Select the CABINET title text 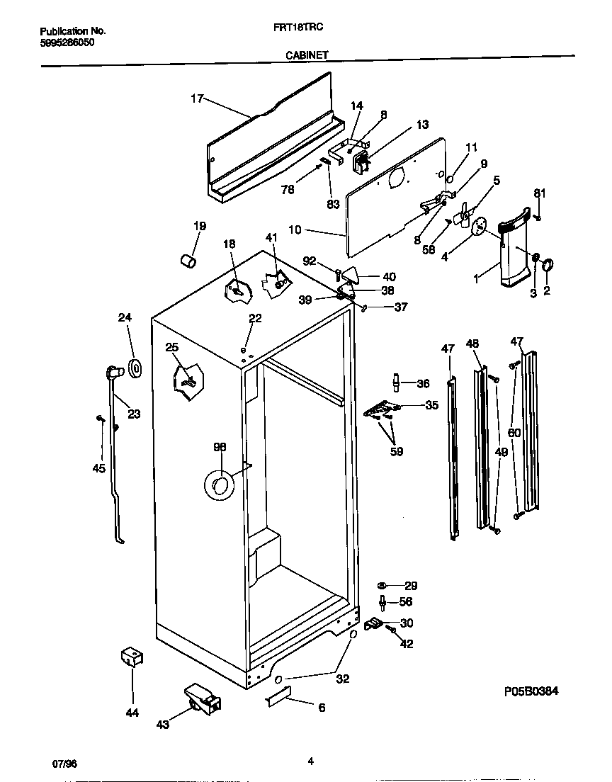click(306, 54)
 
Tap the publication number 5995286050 click(67, 42)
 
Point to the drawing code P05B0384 click(528, 691)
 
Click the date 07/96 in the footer click(64, 763)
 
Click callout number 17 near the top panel click(196, 99)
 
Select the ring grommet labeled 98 click(219, 485)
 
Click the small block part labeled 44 click(132, 657)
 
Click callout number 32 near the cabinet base click(343, 679)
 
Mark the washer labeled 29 click(382, 585)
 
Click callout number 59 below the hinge click(397, 451)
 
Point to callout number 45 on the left click(98, 467)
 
